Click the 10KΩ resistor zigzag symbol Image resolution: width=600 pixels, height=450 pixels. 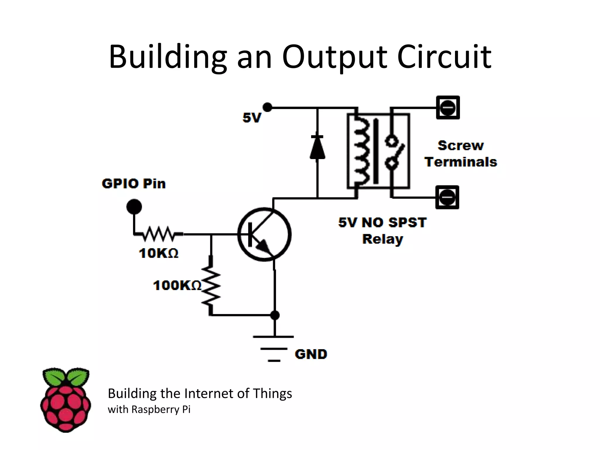point(158,233)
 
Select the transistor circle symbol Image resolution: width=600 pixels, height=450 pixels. point(264,234)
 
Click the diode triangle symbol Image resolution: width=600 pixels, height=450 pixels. point(317,148)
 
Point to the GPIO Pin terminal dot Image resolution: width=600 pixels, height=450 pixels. point(134,207)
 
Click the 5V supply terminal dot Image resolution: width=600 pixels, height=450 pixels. point(267,107)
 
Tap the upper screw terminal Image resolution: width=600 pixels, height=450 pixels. point(448,108)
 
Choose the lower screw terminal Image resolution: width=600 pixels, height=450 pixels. point(447,197)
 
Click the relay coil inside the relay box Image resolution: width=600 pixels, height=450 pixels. point(360,151)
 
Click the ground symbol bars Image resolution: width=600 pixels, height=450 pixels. point(274,349)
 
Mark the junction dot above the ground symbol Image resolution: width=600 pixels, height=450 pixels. point(275,315)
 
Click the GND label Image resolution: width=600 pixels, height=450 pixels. point(311,354)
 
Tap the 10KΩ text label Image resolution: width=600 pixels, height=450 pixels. point(158,253)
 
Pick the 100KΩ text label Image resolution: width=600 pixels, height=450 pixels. point(177,285)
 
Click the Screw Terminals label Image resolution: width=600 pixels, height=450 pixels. point(461,154)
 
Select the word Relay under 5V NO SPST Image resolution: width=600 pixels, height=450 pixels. point(383,239)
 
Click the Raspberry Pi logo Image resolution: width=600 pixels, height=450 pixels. point(66,400)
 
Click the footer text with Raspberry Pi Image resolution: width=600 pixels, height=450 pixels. point(149,409)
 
